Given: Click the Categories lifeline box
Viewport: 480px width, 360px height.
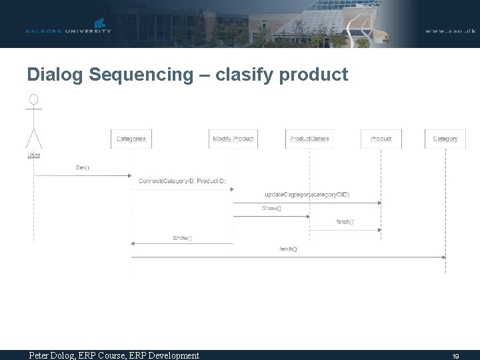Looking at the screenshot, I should tap(131, 139).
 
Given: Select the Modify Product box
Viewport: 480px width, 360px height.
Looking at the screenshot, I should tap(233, 139).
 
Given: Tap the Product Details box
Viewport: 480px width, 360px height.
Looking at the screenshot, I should tap(309, 139).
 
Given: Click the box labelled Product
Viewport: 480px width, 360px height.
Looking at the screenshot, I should tap(381, 139).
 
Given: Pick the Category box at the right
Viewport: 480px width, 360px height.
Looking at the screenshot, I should tap(445, 139).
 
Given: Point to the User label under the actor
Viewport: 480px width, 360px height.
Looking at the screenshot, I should tap(33, 155).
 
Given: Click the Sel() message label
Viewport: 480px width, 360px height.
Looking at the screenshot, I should tap(82, 167).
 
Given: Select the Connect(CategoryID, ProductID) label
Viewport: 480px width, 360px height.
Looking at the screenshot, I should tap(182, 181).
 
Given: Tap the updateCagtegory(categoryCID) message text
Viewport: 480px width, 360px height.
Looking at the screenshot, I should tap(307, 195).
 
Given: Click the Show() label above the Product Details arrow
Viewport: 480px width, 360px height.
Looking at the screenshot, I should tap(271, 208).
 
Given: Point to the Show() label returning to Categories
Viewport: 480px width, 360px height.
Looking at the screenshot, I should tap(182, 238).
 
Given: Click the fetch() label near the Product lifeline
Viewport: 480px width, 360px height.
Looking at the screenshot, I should tap(345, 222).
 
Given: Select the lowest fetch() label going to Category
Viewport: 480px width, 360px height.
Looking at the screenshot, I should tap(288, 249).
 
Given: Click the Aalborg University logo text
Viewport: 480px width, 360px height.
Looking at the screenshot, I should tap(68, 31).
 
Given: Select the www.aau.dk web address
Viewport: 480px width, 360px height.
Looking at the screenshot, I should tap(451, 31).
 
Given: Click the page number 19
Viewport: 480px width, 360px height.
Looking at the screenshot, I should tap(455, 356).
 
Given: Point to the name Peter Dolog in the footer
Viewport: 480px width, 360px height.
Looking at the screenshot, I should tap(53, 355).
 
